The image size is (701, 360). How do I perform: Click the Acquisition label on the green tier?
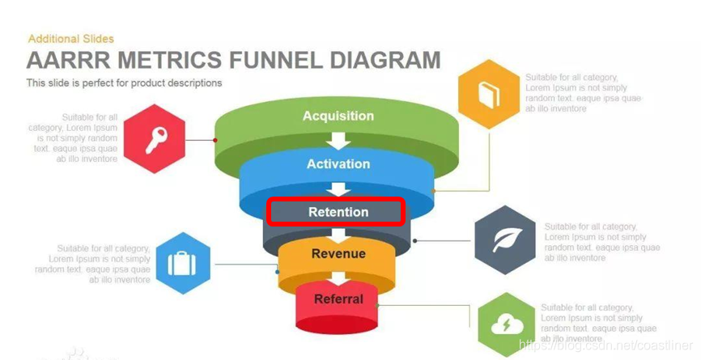pyautogui.click(x=338, y=116)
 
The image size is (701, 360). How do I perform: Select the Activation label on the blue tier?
pyautogui.click(x=338, y=163)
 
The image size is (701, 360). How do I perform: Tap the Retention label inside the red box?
pyautogui.click(x=338, y=212)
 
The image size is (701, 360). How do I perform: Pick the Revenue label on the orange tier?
pyautogui.click(x=338, y=253)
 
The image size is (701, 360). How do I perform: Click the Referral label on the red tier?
pyautogui.click(x=338, y=299)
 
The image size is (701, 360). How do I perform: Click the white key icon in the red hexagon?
pyautogui.click(x=155, y=139)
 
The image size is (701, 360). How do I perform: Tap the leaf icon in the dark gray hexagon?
pyautogui.click(x=504, y=240)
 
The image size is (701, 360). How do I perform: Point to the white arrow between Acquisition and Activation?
pyautogui.click(x=338, y=139)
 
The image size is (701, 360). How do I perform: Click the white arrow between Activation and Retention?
pyautogui.click(x=338, y=188)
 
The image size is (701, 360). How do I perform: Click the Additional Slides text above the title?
pyautogui.click(x=71, y=38)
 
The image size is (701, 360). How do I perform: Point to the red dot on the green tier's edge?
pyautogui.click(x=215, y=139)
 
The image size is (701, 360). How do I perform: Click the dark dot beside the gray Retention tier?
pyautogui.click(x=415, y=240)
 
